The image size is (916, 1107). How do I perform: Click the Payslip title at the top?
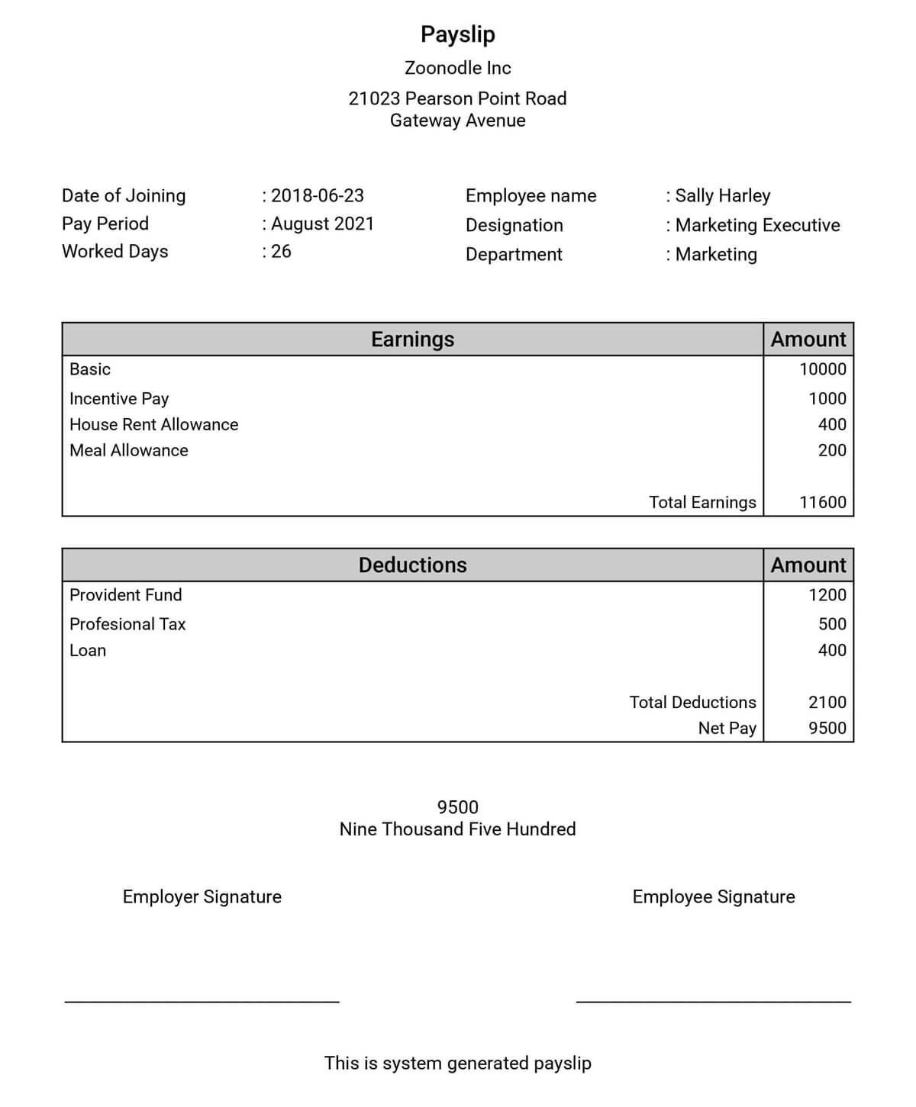pos(457,34)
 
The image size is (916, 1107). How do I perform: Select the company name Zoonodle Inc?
pos(457,68)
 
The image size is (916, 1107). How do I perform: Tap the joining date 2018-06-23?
pos(317,195)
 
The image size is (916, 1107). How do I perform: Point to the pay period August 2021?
pos(322,224)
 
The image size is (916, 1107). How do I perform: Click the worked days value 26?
pos(281,251)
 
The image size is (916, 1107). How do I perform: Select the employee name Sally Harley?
pos(722,195)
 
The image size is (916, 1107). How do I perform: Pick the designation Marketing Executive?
pos(757,225)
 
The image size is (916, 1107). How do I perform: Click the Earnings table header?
pos(412,340)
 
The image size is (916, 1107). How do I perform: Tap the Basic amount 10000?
pos(822,369)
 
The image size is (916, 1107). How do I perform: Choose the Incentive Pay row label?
pos(119,398)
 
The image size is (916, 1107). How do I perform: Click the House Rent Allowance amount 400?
pos(831,424)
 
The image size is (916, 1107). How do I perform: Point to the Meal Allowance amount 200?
pos(831,450)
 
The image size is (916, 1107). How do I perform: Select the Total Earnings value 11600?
pos(822,502)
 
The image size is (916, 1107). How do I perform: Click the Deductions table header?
pos(412,565)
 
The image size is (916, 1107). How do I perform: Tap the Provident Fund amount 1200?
pos(827,595)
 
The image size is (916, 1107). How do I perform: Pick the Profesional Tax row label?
pos(127,624)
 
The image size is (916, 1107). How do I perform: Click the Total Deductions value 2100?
pos(827,702)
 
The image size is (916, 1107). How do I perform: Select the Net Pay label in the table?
pos(727,728)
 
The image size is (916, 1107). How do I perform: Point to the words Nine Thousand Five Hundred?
pos(457,829)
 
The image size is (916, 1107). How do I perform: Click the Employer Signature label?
pos(202,896)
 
